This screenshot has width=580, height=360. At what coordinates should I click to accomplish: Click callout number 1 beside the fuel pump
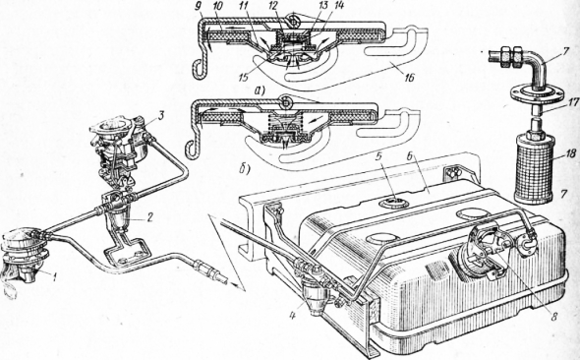[54, 276]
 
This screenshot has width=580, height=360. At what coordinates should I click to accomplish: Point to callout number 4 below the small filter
[293, 306]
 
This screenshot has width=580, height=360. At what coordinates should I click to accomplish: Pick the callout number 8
[554, 317]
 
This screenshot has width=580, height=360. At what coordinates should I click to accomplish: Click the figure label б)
[244, 169]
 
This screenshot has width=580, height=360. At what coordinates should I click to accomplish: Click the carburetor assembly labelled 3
[120, 148]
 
